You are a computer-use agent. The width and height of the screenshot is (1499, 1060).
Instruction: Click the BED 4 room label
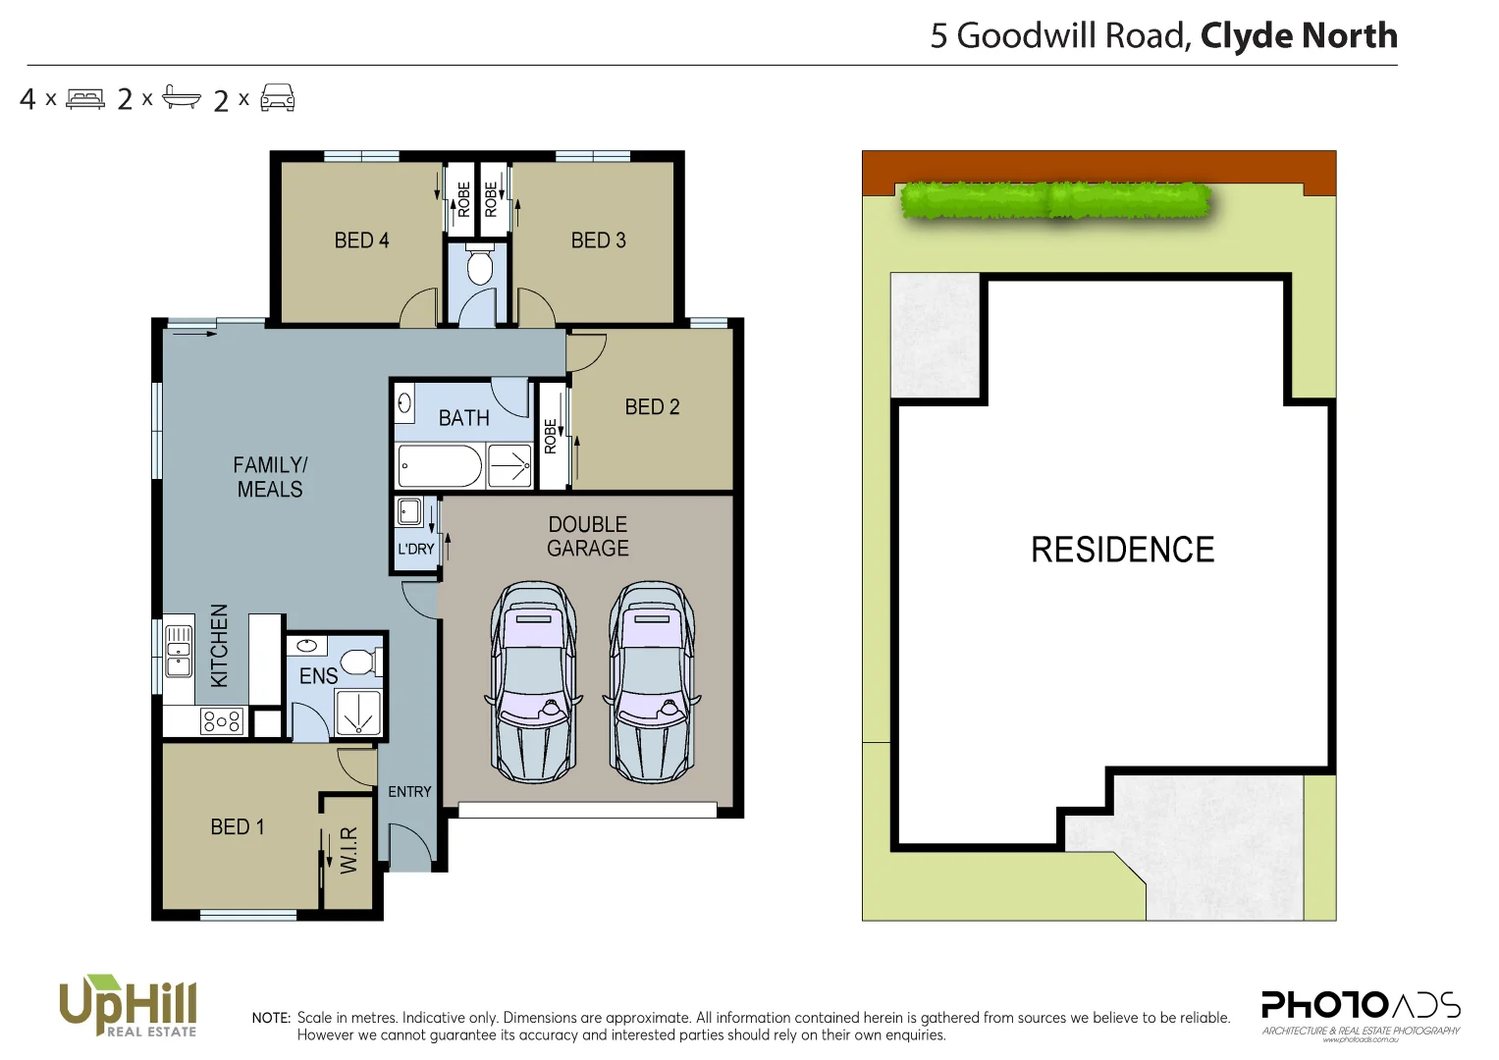[361, 240]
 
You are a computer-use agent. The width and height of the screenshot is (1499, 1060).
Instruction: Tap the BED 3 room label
[598, 240]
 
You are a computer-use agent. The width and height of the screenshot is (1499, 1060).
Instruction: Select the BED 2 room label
[652, 406]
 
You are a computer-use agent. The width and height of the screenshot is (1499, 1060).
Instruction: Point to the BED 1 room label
[238, 827]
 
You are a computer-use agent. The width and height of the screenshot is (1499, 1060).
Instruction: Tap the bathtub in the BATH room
[439, 465]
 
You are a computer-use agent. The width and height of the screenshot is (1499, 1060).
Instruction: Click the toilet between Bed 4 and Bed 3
[479, 267]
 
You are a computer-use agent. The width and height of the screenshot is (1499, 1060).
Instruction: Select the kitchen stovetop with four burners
[221, 722]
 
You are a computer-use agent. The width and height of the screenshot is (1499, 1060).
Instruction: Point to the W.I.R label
[348, 850]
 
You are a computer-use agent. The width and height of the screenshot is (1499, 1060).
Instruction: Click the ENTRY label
[409, 792]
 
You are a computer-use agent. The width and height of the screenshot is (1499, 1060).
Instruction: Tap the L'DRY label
[415, 549]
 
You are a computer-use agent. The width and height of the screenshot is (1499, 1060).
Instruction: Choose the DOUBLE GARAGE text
[588, 536]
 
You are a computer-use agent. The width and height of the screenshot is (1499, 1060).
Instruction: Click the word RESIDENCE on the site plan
[1122, 550]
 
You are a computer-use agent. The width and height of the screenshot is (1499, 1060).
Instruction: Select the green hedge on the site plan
[1055, 200]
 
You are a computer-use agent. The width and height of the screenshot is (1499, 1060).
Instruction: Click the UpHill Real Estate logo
[128, 1005]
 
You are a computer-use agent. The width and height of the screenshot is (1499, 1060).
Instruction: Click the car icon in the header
[278, 98]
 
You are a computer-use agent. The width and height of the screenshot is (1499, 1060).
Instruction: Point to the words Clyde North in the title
[1298, 36]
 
